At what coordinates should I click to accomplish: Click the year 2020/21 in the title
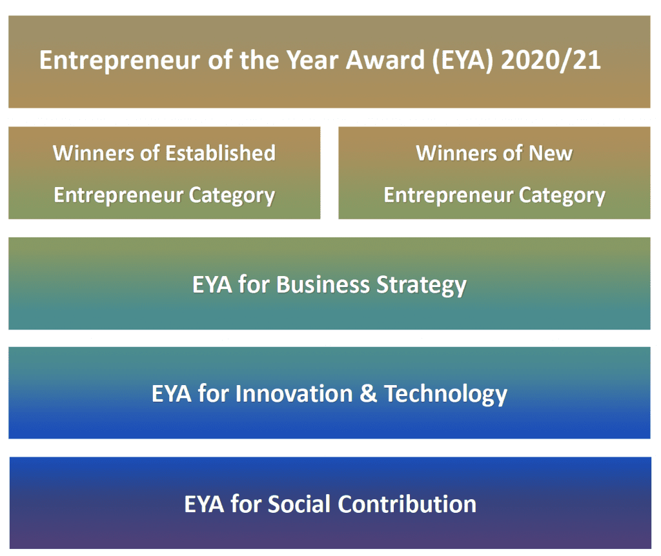coord(551,61)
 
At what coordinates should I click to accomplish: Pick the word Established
coord(220,154)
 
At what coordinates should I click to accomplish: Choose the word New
coord(549,154)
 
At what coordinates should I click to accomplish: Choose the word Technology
coord(445,393)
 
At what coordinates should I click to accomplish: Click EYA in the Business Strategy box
coord(212,284)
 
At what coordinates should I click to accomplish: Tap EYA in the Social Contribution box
coord(204,504)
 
